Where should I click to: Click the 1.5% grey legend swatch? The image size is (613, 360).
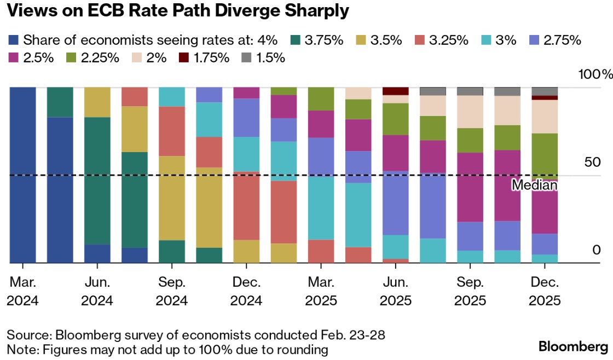tap(245, 57)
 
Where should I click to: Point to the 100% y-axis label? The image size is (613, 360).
tap(596, 74)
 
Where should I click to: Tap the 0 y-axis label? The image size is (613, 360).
tap(581, 250)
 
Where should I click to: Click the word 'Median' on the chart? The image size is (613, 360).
tap(534, 185)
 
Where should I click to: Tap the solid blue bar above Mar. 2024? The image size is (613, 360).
tap(23, 175)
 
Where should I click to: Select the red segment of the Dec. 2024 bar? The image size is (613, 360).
tap(246, 206)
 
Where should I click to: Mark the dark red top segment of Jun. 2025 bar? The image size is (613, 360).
tap(396, 91)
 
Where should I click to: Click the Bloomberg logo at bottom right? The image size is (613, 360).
tap(573, 346)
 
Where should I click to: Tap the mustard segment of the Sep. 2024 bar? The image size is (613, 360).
tap(172, 198)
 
